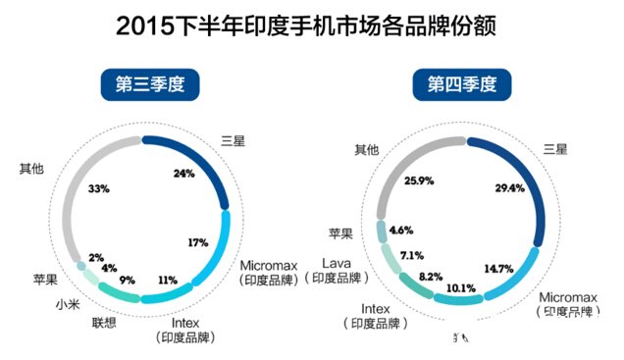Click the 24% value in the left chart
point(182,174)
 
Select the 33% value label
point(98,187)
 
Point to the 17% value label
point(196,241)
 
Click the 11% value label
point(166,280)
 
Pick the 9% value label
point(129,280)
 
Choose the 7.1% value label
point(410,255)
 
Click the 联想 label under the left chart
point(105,323)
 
